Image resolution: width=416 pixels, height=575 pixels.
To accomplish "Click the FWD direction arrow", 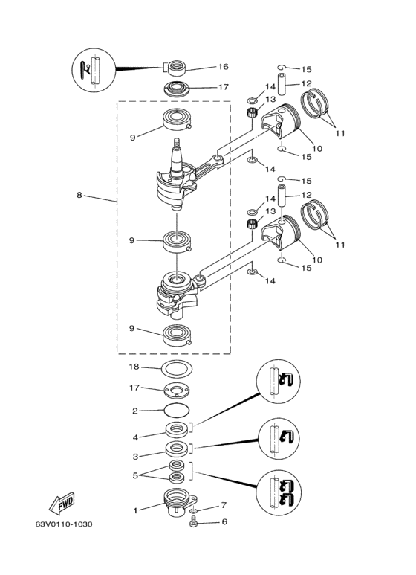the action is (62, 504).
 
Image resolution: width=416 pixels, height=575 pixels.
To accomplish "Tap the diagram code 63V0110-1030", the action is (64, 524).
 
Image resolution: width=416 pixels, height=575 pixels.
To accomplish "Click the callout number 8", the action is (79, 195).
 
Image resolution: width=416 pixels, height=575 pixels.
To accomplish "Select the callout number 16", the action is (223, 66).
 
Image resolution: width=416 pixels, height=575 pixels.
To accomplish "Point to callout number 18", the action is (134, 366).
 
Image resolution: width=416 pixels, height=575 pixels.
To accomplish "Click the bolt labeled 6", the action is (194, 522).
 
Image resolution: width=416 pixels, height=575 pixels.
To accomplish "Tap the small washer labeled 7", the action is (194, 510).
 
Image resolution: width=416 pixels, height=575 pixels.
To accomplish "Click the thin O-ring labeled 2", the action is (177, 410).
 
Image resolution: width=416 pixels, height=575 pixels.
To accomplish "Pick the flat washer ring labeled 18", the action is (177, 368).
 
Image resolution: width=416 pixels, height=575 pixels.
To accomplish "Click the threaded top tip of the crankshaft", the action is (177, 142).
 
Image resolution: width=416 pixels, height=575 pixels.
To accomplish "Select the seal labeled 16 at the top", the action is (176, 68).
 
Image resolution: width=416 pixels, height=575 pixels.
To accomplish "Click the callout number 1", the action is (135, 510).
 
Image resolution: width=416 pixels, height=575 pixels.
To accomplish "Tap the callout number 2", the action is (135, 411).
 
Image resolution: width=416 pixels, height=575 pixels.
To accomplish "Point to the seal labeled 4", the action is (178, 429).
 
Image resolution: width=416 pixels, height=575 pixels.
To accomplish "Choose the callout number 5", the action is (135, 475).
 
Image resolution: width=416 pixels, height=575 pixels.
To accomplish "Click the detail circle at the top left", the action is (94, 68).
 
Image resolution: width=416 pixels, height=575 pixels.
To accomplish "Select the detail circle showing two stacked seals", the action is (279, 492).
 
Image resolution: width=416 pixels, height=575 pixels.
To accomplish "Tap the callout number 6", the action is (224, 521).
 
